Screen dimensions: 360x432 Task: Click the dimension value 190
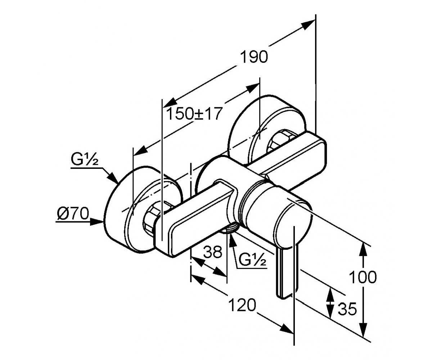click(254, 57)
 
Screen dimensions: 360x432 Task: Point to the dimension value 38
click(212, 252)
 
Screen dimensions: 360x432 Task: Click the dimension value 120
click(242, 306)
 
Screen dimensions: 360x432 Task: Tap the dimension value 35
click(347, 309)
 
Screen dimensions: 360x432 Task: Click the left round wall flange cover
click(119, 212)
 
